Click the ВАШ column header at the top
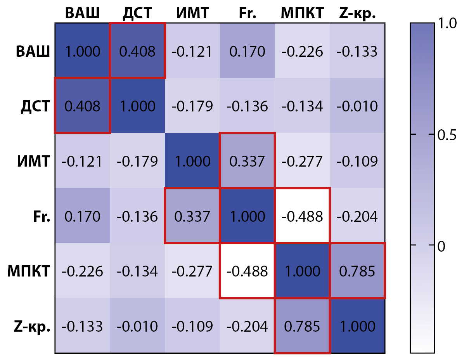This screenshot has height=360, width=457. tap(82, 13)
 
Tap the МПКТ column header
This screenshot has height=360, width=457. tap(302, 13)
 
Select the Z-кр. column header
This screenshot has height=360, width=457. tap(357, 13)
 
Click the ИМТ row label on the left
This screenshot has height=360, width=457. tap(34, 161)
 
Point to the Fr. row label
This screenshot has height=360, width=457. tap(42, 216)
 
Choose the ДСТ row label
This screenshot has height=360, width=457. tap(35, 106)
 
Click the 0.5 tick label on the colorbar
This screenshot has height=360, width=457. tap(445, 135)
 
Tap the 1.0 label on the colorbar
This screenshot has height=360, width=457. tap(445, 24)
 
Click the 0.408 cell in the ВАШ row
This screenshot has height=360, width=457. tap(137, 51)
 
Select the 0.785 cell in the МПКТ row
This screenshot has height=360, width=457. tap(357, 271)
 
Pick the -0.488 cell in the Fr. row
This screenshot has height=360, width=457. tap(302, 216)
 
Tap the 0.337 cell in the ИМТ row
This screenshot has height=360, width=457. tap(247, 161)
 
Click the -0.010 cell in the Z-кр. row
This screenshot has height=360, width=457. tap(137, 326)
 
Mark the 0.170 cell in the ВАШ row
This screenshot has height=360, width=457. tap(247, 51)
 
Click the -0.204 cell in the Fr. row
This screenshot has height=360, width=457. tap(357, 216)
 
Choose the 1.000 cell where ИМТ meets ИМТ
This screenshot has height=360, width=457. tap(192, 161)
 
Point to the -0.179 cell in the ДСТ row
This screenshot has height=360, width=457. tap(192, 106)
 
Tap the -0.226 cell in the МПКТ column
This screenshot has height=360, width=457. tap(302, 51)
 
